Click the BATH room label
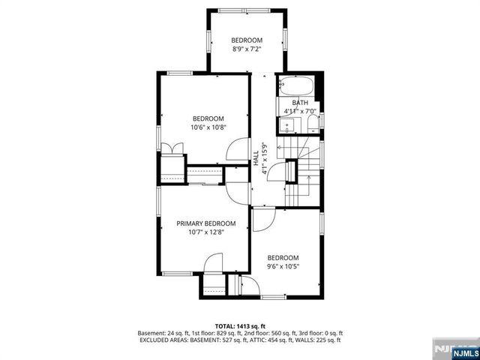click(x=300, y=103)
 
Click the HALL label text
click(x=256, y=158)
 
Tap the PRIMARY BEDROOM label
click(x=206, y=223)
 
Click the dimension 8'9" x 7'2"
click(x=247, y=49)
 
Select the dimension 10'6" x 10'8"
click(x=208, y=127)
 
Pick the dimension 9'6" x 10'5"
click(x=283, y=266)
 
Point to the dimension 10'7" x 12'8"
click(x=206, y=232)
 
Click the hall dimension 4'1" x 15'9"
click(x=264, y=158)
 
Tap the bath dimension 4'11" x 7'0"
click(x=300, y=112)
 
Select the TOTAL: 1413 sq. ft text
click(x=240, y=326)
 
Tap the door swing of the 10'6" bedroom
click(x=236, y=150)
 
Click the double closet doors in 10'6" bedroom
click(x=173, y=148)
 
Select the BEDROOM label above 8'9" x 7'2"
click(x=247, y=40)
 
